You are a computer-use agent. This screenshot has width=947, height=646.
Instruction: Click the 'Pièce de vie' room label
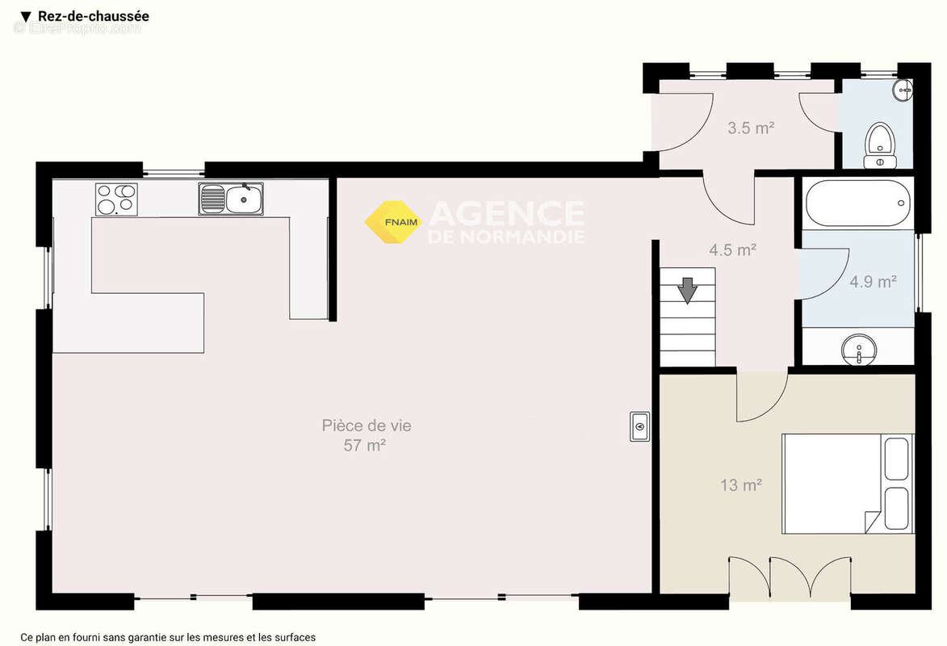point(366,426)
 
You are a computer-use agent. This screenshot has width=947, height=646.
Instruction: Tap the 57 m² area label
point(365,446)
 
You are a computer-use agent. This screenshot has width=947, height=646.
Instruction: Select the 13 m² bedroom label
point(740,484)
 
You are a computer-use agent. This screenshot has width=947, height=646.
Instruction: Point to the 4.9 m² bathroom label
point(873,281)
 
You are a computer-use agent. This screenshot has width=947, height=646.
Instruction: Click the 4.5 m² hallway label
point(732,250)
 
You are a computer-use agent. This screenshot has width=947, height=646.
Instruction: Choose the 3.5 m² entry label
point(751,128)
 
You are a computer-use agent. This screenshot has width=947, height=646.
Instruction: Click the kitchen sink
point(231,199)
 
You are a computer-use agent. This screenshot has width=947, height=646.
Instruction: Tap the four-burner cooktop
point(116,199)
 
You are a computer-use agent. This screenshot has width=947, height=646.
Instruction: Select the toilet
point(880,145)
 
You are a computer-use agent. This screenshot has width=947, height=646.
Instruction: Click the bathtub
point(857,203)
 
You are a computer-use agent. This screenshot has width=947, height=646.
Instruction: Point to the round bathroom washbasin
point(859,350)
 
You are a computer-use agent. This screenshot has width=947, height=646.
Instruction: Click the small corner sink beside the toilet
point(903,90)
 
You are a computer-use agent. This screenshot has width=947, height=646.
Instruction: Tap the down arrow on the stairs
point(687,290)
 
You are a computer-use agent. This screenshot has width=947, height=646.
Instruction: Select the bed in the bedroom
point(848,484)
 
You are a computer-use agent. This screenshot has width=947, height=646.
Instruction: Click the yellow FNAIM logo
point(393,222)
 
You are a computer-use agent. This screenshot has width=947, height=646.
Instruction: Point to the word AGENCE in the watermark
point(506,213)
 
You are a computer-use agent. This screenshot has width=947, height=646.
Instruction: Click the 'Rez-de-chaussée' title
point(94,16)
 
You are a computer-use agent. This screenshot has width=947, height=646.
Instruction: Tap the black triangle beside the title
point(25,17)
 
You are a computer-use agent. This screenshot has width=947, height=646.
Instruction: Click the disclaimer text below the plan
point(168,637)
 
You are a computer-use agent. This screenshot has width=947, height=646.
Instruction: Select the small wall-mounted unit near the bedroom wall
point(639,426)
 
